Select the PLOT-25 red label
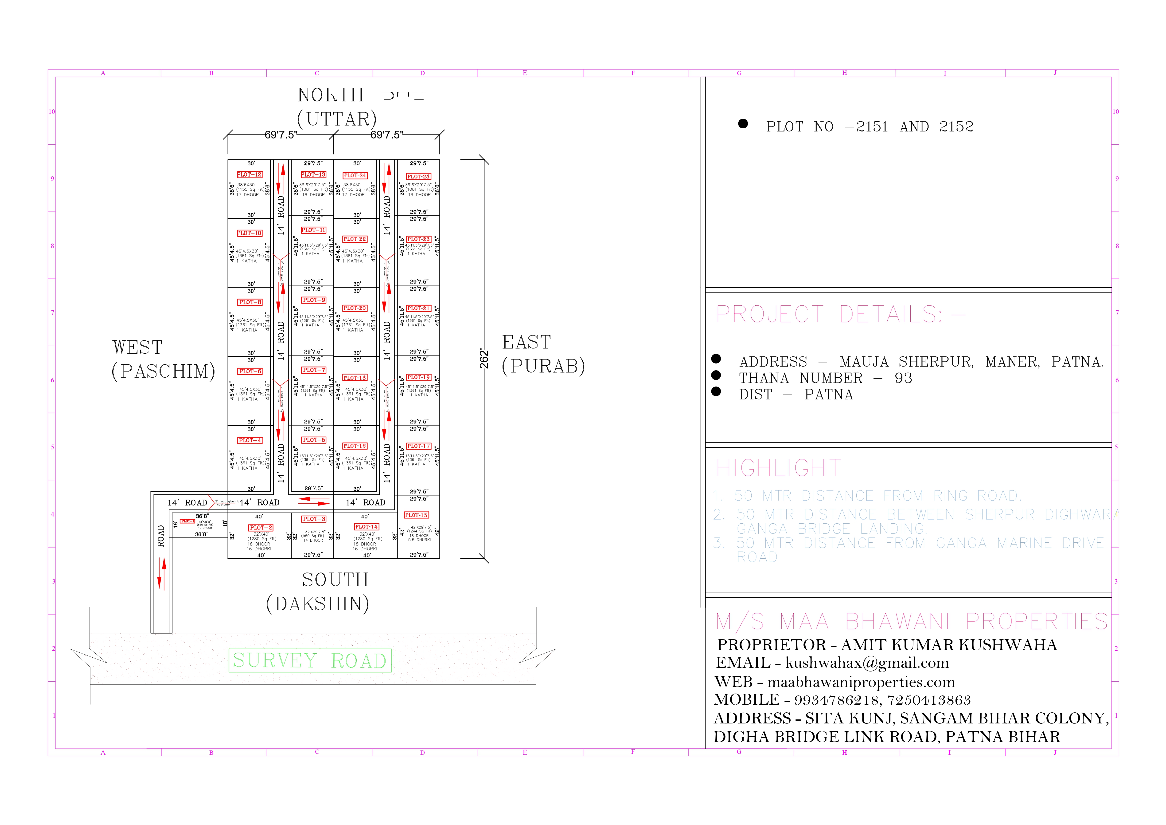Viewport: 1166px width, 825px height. (418, 176)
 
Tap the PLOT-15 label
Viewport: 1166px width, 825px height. (416, 515)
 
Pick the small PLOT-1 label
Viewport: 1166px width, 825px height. (187, 521)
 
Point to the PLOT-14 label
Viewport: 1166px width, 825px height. (366, 527)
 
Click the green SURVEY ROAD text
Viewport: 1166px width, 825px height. (310, 660)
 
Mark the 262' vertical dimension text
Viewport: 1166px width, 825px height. (484, 359)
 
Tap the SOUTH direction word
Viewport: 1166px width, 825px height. (335, 580)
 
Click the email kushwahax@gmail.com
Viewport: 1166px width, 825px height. (867, 663)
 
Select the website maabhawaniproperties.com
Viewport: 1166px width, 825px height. (861, 682)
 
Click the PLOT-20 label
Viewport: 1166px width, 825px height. (355, 308)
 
